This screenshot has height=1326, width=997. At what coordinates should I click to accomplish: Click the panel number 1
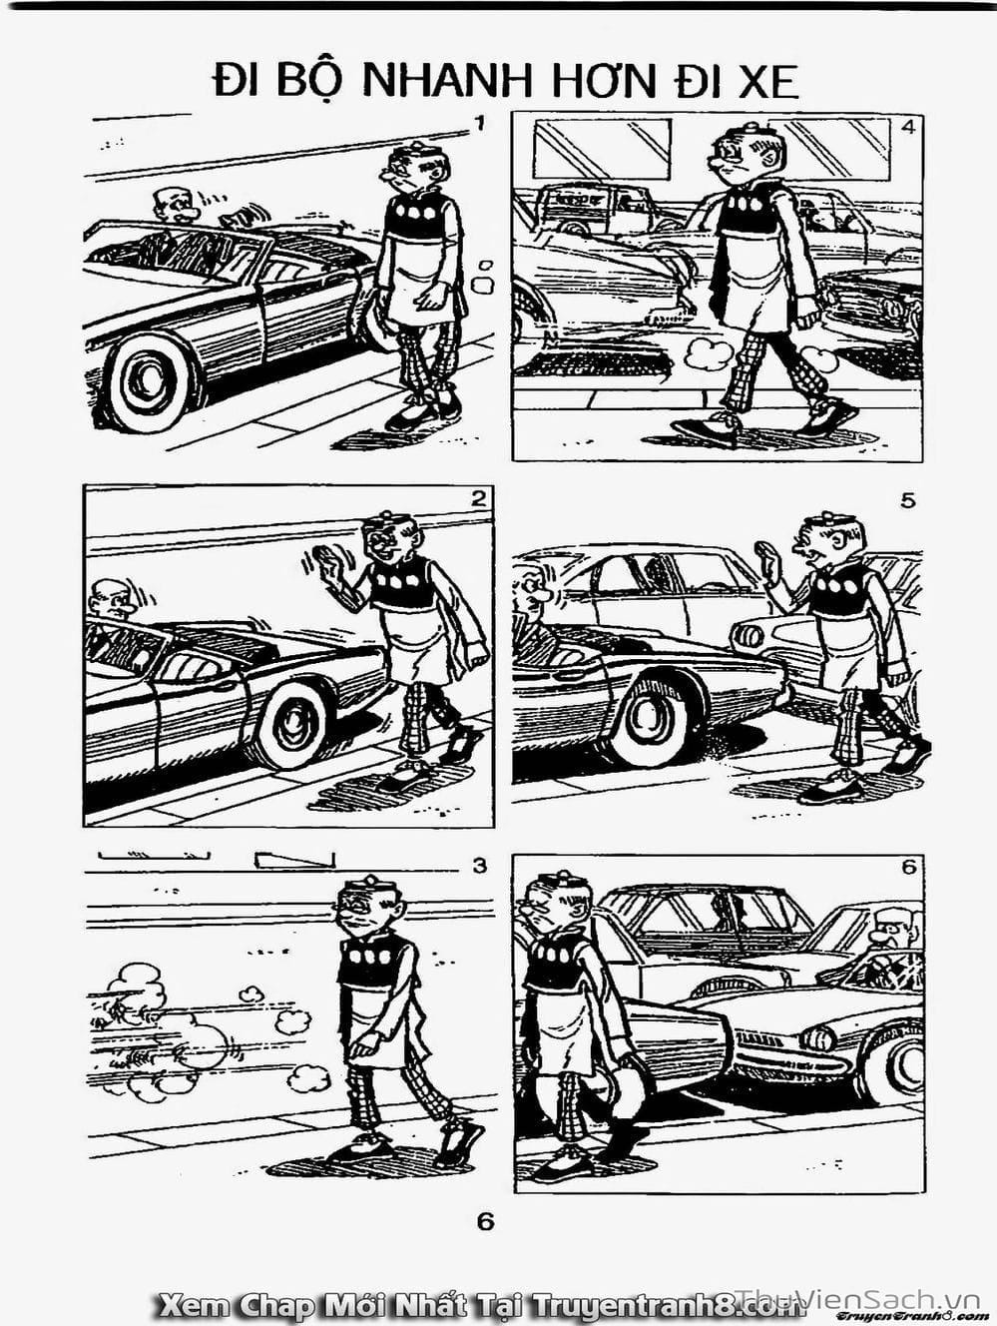click(x=479, y=124)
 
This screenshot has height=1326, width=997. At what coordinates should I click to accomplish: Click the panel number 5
click(x=908, y=501)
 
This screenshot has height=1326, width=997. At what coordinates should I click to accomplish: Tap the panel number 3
click(x=479, y=867)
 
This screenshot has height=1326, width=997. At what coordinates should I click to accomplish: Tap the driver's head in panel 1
click(x=175, y=207)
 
